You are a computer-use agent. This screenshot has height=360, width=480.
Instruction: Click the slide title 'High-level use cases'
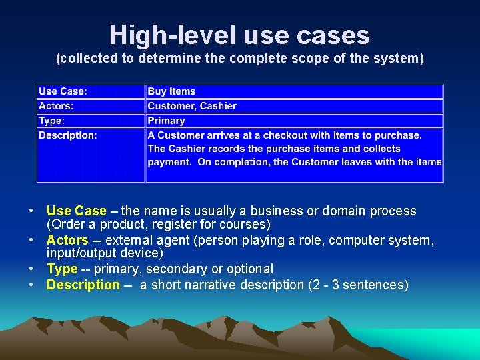[x=239, y=35]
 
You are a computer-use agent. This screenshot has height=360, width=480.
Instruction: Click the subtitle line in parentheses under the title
[x=239, y=59]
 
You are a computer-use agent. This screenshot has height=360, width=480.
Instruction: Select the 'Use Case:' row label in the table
[x=63, y=91]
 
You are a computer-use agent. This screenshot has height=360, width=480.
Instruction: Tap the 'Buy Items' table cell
[x=171, y=91]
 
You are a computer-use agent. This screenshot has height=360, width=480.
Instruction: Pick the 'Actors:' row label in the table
[x=56, y=106]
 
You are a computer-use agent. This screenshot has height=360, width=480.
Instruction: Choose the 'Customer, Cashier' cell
[x=192, y=106]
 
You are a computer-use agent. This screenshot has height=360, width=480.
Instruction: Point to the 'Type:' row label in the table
[x=51, y=121]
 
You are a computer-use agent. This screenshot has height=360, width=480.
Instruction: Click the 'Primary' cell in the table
[x=166, y=121]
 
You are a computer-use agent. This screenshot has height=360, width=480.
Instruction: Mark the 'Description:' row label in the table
[x=67, y=135]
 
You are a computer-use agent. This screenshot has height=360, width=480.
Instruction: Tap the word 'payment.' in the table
[x=169, y=162]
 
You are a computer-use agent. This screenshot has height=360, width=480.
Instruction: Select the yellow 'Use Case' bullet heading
[x=76, y=211]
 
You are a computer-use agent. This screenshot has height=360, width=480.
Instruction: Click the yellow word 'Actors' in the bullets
[x=67, y=240]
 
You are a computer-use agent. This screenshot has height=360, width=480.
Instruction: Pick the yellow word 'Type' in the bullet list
[x=62, y=269]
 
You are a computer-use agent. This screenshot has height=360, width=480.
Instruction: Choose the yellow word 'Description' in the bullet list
[x=83, y=285]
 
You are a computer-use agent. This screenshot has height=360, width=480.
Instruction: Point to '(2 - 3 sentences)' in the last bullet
[x=357, y=285]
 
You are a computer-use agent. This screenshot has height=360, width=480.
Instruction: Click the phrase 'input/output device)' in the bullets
[x=105, y=253]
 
